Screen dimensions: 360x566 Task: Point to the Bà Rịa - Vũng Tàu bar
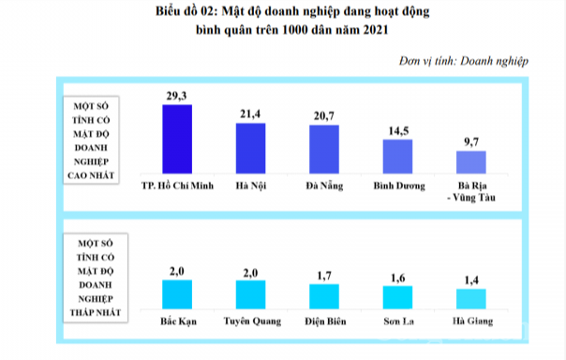click(x=469, y=163)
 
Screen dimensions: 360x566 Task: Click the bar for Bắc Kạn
click(x=177, y=294)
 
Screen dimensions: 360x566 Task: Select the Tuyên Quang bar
click(x=250, y=294)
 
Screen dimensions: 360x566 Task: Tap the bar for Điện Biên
click(x=323, y=296)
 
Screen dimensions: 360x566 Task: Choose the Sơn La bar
click(x=396, y=297)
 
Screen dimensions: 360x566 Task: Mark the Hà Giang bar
click(x=469, y=299)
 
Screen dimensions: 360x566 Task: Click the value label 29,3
click(x=177, y=95)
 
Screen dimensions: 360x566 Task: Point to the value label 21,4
click(x=250, y=113)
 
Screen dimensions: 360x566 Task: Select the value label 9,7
click(x=469, y=142)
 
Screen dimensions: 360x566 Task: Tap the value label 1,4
click(x=469, y=279)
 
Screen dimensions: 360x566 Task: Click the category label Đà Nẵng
click(x=323, y=185)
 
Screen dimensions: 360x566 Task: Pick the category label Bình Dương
click(x=396, y=185)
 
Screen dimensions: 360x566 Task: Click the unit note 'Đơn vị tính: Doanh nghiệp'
click(x=463, y=61)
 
